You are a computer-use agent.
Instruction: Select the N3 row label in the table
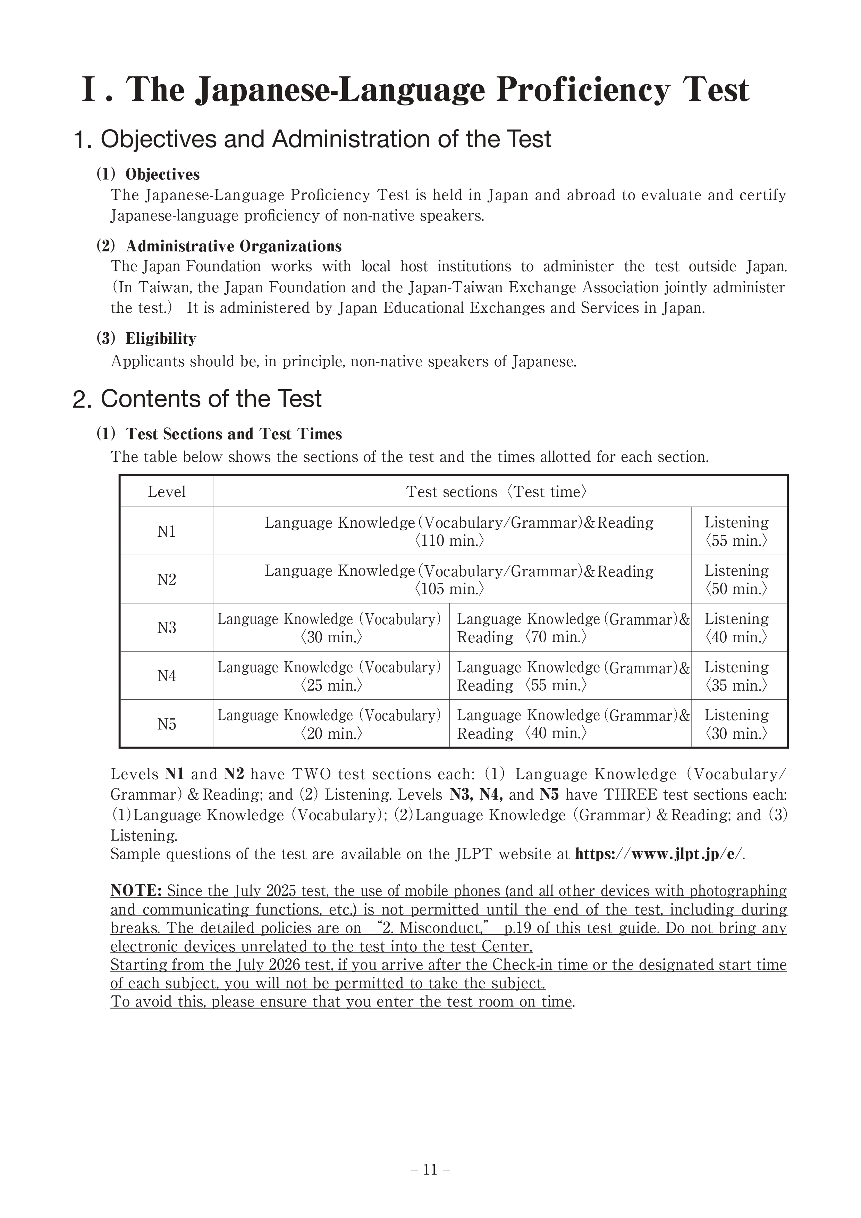coord(167,627)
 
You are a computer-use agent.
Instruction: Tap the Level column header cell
coord(167,492)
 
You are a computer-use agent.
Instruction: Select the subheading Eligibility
coord(161,339)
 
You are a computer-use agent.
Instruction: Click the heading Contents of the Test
coord(211,399)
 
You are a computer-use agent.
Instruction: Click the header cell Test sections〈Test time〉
coord(496,492)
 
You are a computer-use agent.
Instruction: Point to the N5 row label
coord(167,724)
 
